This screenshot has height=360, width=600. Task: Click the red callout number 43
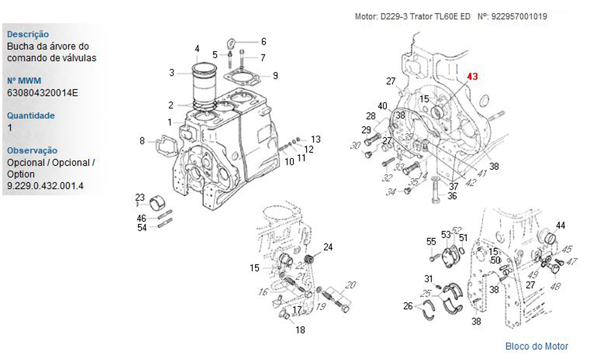pos(473,77)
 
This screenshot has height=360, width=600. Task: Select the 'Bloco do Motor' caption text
pos(536,346)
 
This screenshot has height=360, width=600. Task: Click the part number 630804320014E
pos(43,92)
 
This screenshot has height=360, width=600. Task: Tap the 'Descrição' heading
pos(28,35)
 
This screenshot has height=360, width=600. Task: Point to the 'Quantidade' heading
pos(31,116)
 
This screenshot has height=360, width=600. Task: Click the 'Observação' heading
pos(32,151)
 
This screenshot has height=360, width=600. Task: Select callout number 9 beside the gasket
pos(275,76)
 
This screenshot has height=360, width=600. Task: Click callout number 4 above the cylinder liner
pos(197,49)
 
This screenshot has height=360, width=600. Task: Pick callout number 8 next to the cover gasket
pos(142,141)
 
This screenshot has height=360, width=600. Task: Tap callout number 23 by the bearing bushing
pos(140,197)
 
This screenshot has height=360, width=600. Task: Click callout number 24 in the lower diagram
pos(328,247)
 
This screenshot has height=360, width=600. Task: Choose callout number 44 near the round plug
pos(560,226)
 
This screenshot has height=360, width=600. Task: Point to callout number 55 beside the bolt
pos(431,242)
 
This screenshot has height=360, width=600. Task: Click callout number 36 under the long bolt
pos(452,196)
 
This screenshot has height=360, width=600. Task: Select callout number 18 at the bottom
pos(300,329)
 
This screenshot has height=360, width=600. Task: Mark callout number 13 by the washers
pos(316,139)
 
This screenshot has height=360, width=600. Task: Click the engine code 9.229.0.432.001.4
pos(46,186)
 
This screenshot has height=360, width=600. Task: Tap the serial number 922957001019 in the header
pos(519,17)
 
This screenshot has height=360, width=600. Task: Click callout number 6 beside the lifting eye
pos(263,41)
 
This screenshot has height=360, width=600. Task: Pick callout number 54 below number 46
pos(142,227)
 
